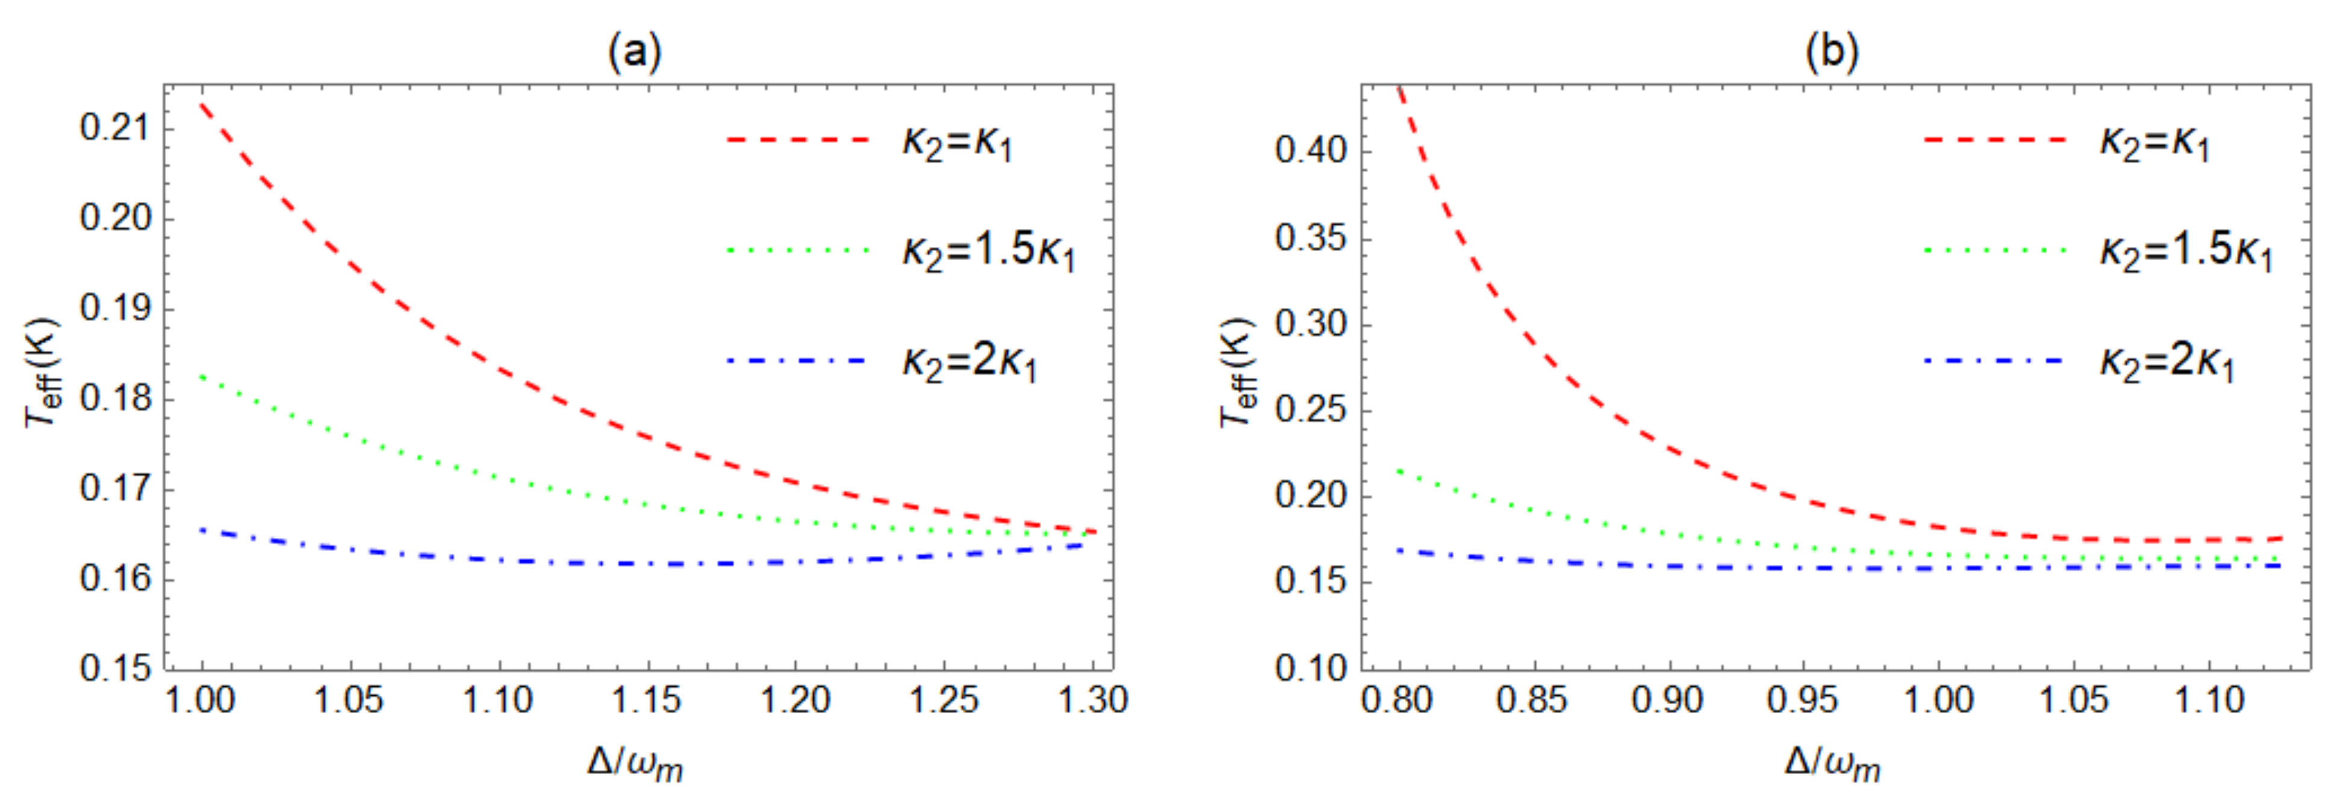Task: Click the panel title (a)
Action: click(634, 52)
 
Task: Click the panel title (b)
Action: click(1831, 52)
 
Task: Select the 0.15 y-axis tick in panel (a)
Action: click(113, 668)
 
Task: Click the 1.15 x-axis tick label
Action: click(646, 700)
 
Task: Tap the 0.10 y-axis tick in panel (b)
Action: click(1310, 668)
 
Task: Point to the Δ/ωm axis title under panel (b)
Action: click(1831, 764)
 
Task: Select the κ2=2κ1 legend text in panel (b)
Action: click(2166, 362)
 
